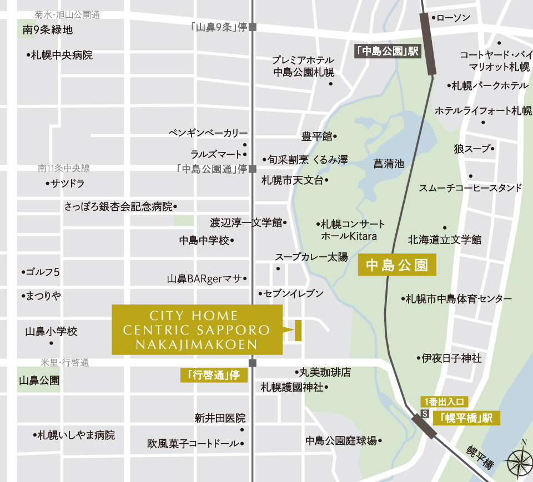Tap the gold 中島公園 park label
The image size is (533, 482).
tap(397, 265)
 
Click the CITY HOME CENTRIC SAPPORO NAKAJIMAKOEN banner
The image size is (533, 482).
tap(197, 330)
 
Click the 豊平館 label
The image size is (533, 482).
tap(317, 136)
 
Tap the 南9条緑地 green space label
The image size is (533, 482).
tap(47, 30)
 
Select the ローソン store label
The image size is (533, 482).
tap(452, 18)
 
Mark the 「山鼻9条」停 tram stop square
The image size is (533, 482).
tap(253, 27)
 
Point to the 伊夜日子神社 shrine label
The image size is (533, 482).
tap(451, 358)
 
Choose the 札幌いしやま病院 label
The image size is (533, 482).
tap(75, 435)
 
